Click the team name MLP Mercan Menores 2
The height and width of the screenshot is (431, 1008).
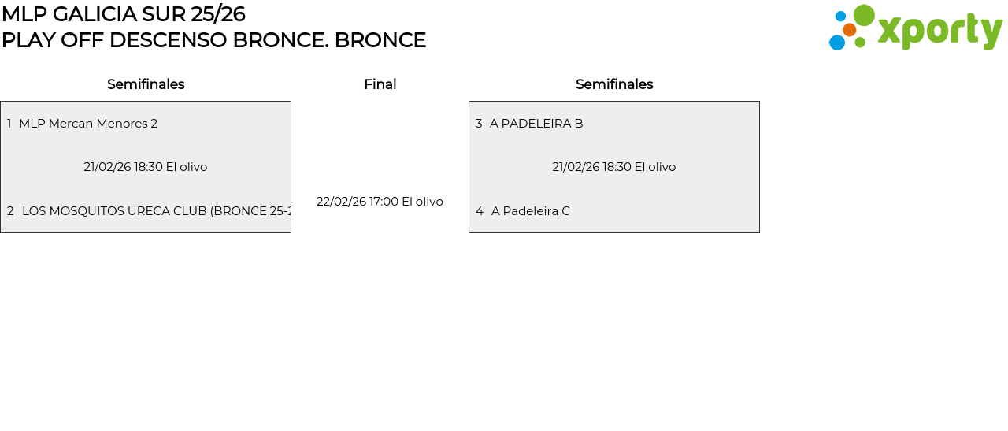(88, 124)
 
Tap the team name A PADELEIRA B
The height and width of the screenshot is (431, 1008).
(536, 124)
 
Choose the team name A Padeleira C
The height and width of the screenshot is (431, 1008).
(530, 211)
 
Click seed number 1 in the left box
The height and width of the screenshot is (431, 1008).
(9, 124)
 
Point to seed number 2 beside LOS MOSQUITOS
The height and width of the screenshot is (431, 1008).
(10, 211)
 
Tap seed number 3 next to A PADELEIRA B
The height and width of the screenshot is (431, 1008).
(479, 124)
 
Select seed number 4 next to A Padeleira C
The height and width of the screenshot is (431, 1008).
(480, 211)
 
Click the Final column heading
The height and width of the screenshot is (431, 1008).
(380, 84)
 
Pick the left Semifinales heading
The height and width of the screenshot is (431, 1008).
(146, 84)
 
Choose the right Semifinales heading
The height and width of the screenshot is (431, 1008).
(614, 84)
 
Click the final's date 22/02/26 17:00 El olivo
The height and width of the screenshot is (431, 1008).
(380, 202)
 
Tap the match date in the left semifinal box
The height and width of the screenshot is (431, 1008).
(146, 167)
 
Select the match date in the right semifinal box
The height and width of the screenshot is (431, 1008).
(614, 167)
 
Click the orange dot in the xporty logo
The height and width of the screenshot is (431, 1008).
(849, 30)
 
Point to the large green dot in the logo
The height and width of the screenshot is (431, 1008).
(864, 15)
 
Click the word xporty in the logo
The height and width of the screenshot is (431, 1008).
(939, 32)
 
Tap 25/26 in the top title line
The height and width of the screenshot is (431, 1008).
(218, 14)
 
